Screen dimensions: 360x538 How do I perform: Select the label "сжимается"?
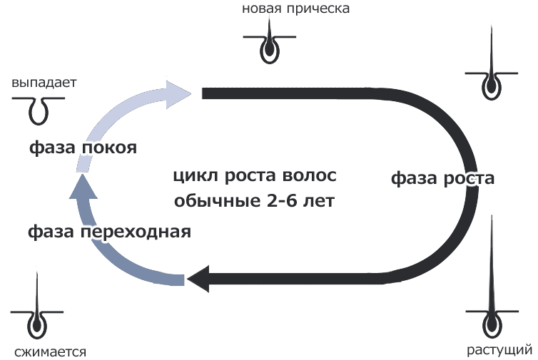49,351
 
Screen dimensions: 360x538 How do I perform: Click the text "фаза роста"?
442,178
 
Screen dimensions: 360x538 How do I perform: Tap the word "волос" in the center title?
311,176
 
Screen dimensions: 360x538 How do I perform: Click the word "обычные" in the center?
213,200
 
